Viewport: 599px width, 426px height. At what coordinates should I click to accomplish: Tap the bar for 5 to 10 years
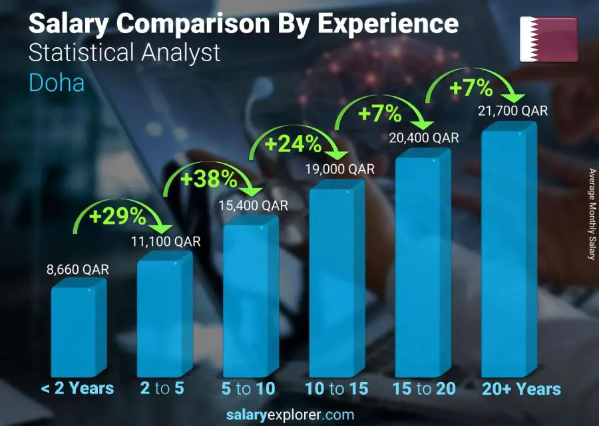pyautogui.click(x=247, y=299)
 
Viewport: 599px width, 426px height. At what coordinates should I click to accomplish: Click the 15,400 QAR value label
pyautogui.click(x=254, y=206)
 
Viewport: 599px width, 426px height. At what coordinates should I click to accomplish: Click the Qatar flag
pyautogui.click(x=548, y=39)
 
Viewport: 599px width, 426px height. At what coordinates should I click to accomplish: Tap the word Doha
pyautogui.click(x=57, y=84)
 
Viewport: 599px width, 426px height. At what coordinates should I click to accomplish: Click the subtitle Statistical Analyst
pyautogui.click(x=124, y=53)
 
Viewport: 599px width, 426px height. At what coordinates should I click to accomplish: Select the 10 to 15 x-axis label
pyautogui.click(x=336, y=389)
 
